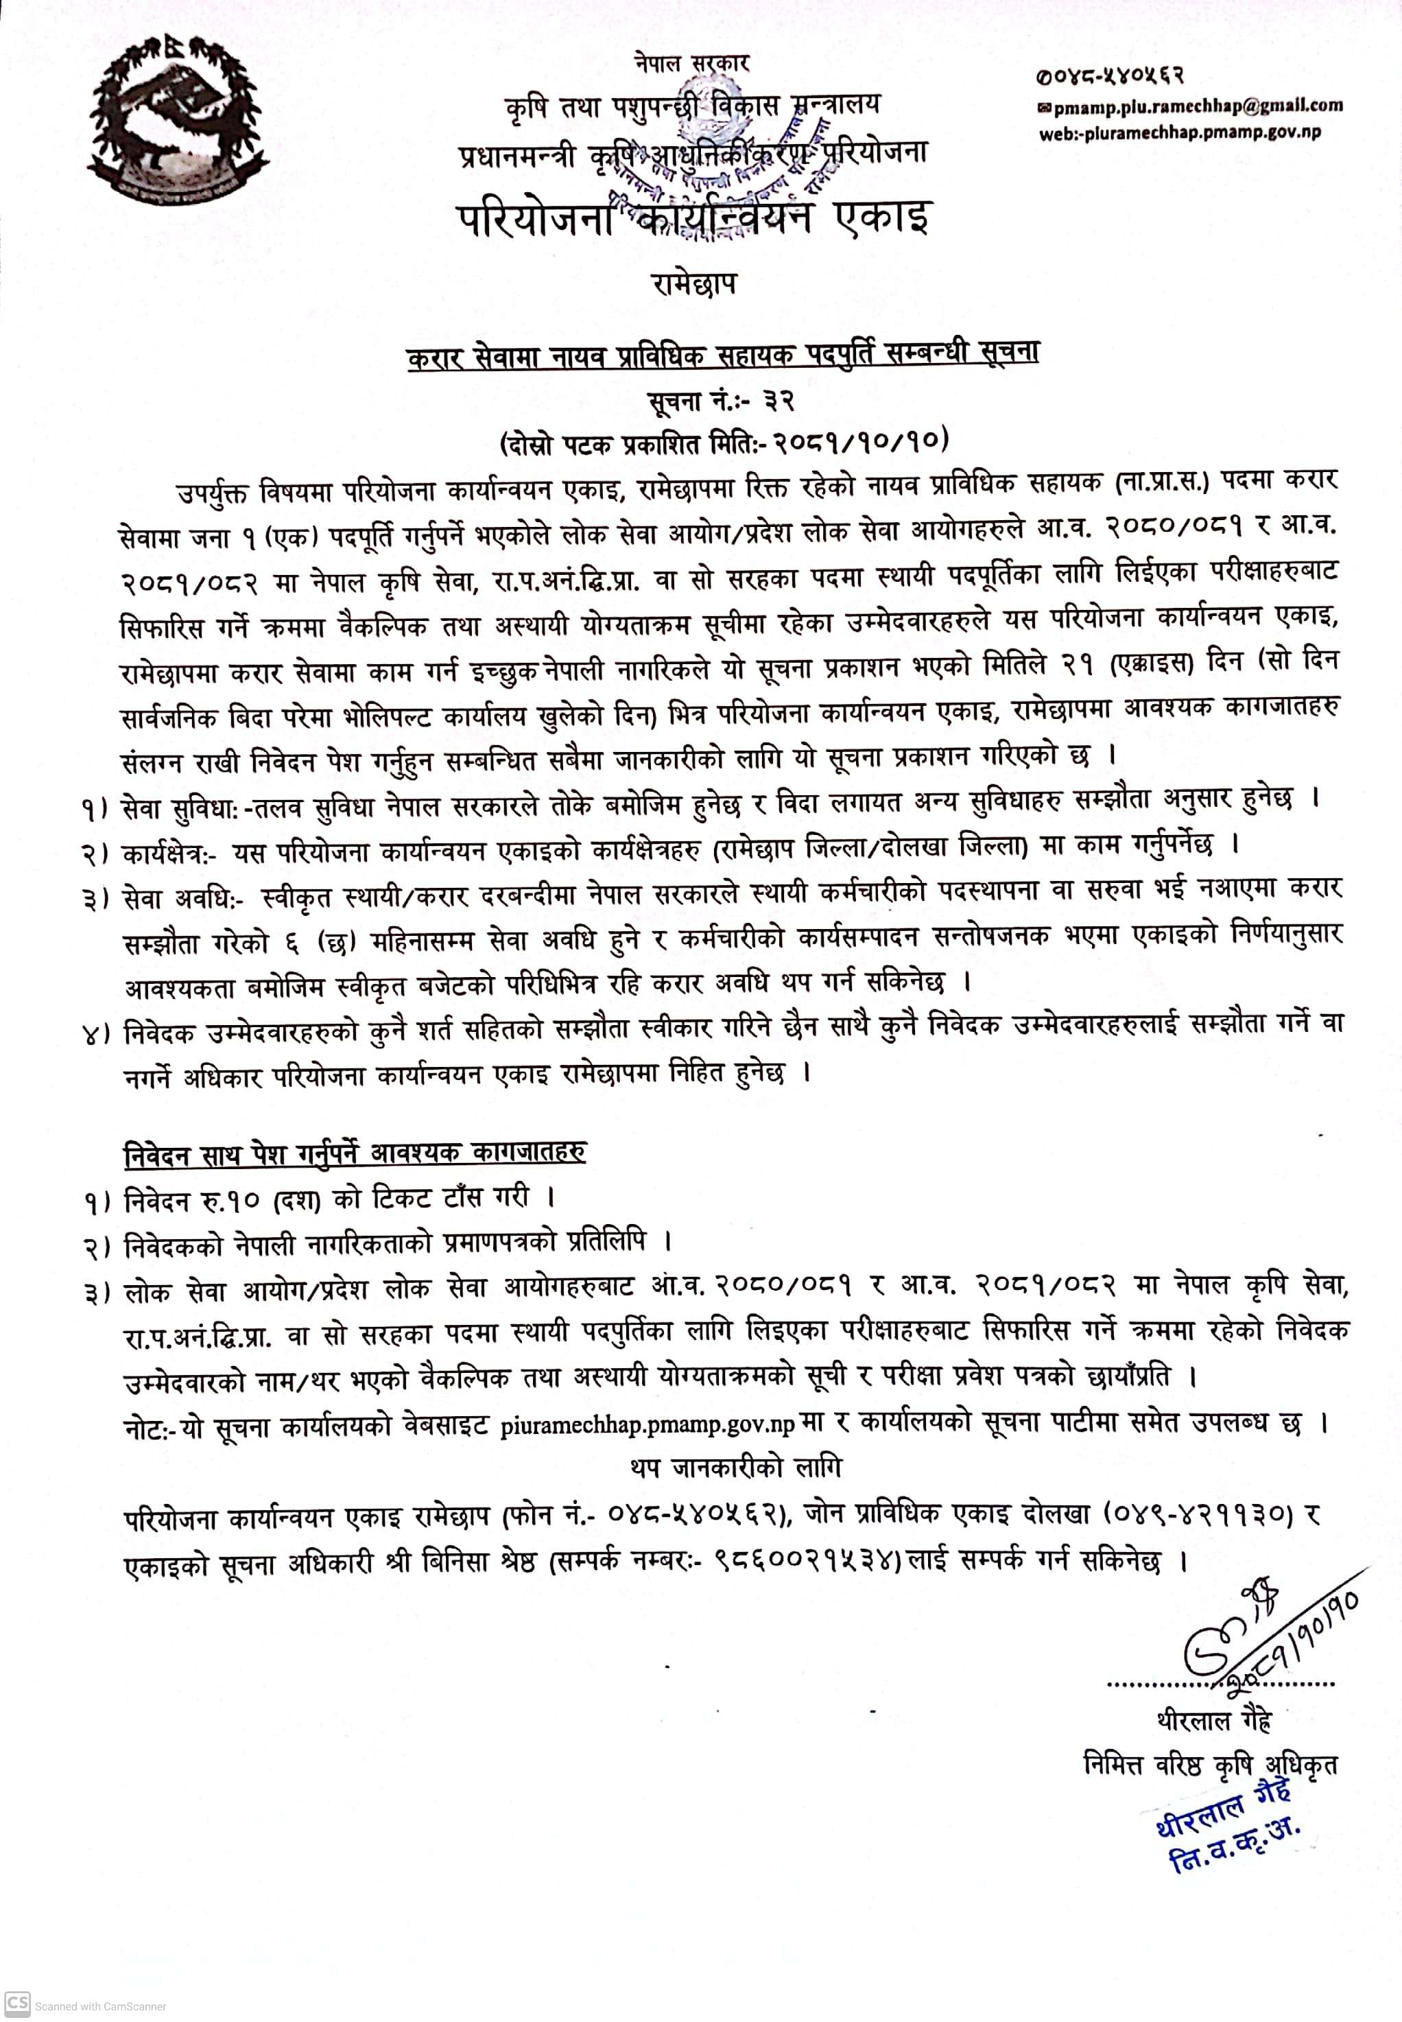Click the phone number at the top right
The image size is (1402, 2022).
click(1108, 76)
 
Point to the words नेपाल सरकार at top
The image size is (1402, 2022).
click(691, 62)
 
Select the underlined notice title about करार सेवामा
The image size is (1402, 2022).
click(722, 353)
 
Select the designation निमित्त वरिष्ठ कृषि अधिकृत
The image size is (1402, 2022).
click(1211, 1763)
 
